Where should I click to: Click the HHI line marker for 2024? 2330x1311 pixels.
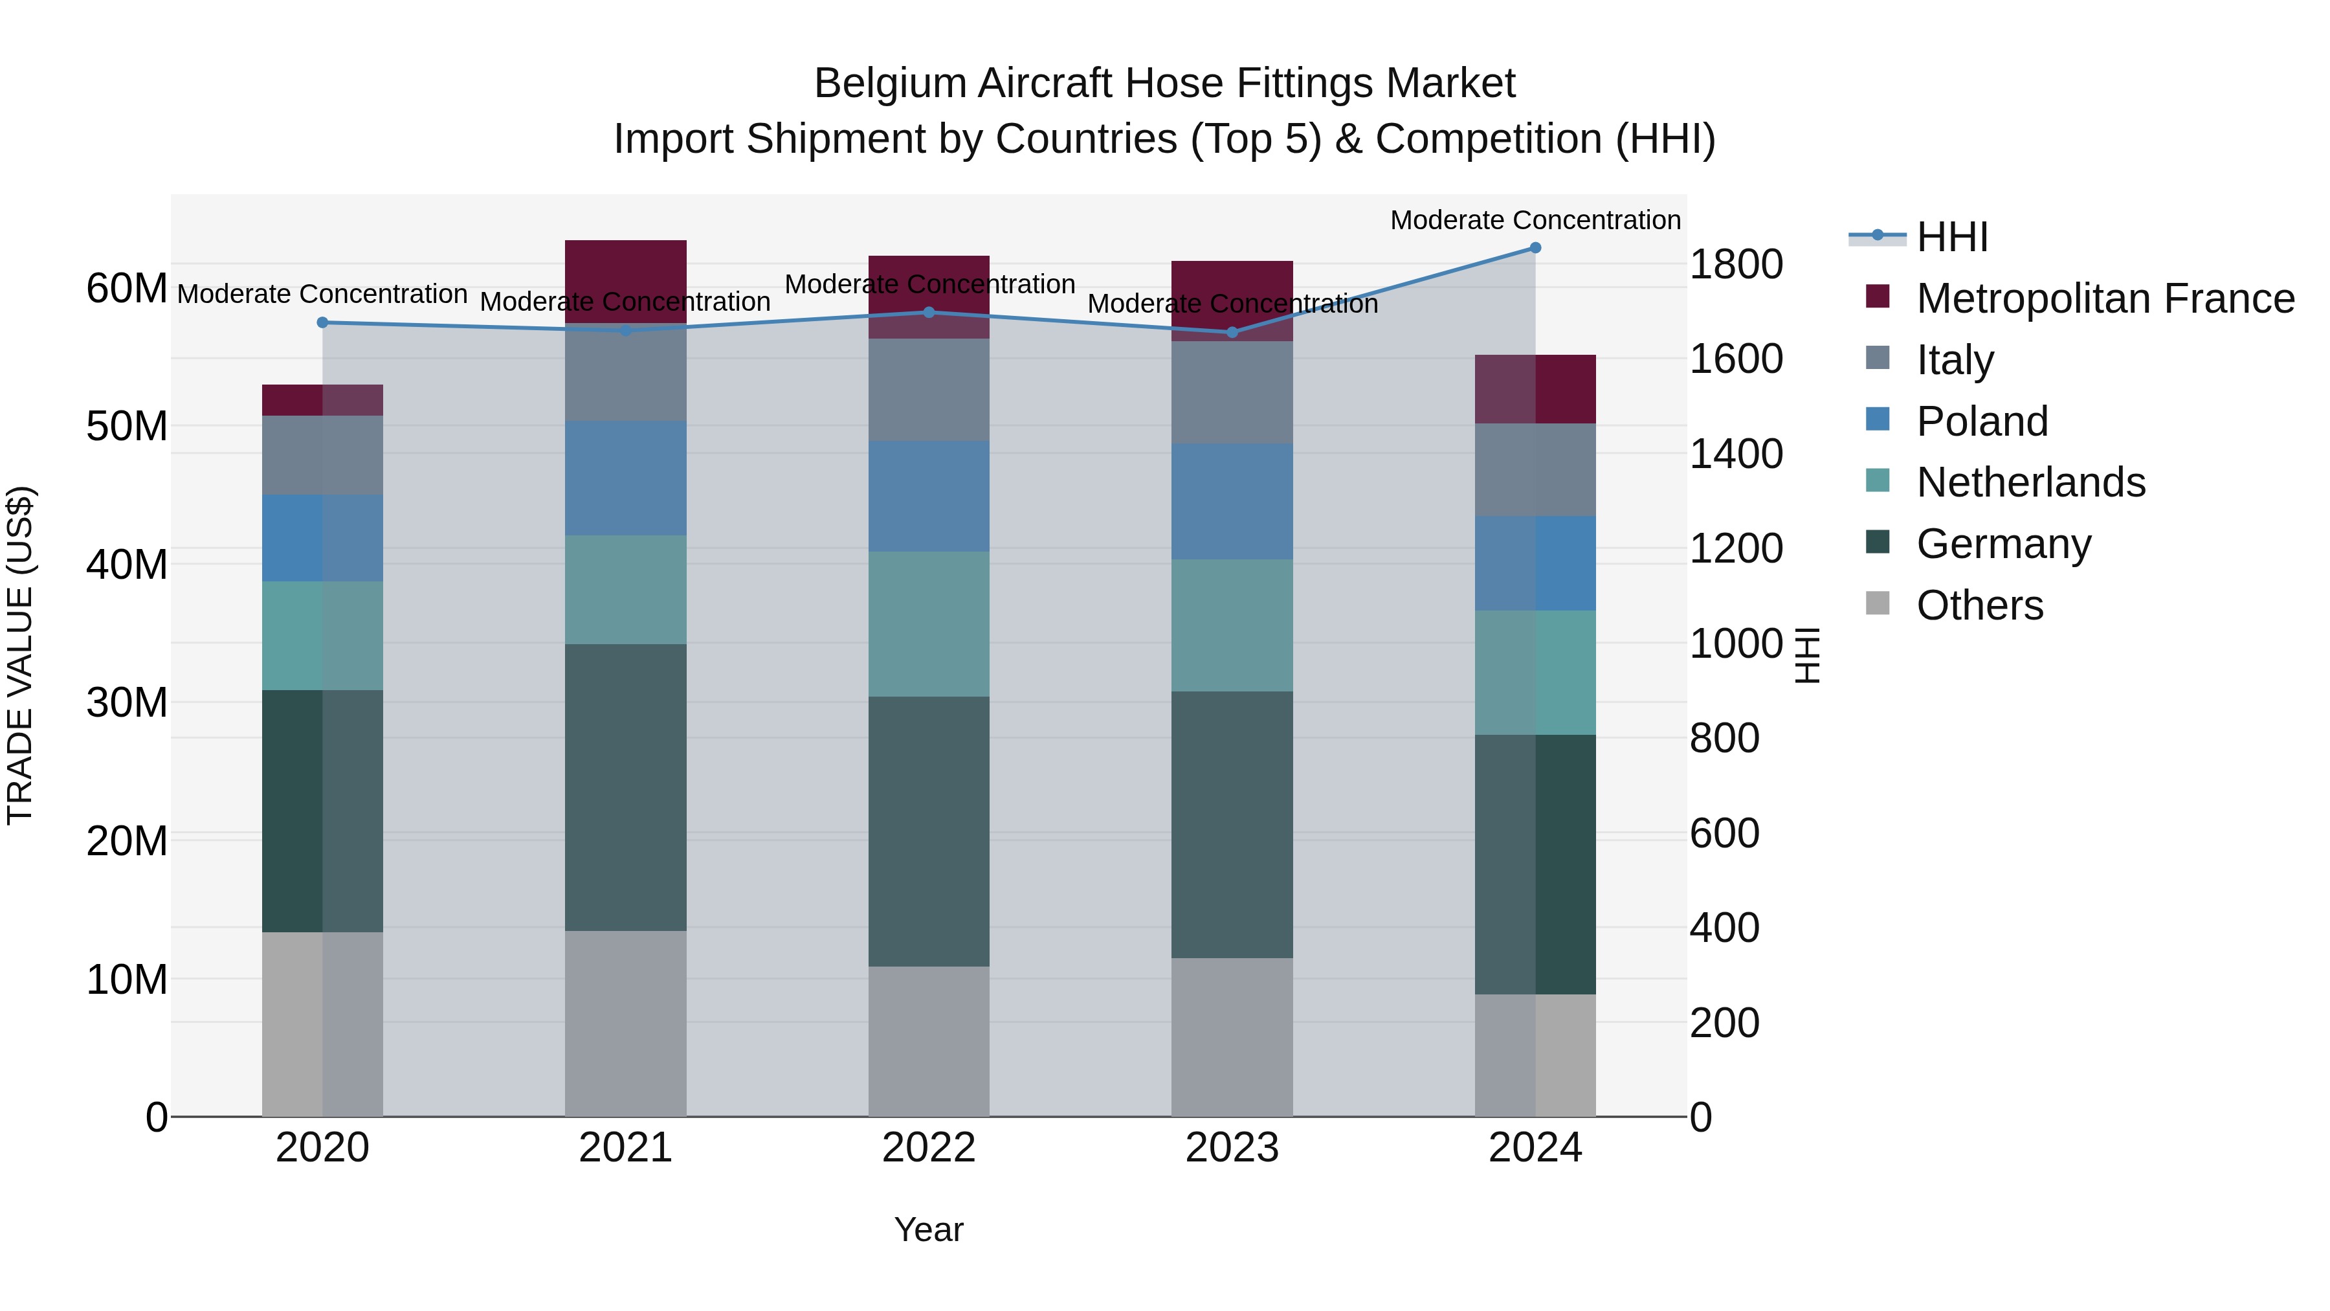(x=1535, y=248)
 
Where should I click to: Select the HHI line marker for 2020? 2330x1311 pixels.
(x=323, y=323)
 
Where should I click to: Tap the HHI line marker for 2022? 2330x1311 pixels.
(x=929, y=313)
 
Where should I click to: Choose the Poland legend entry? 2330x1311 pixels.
(x=1981, y=421)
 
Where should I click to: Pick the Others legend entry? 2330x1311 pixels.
(x=1979, y=605)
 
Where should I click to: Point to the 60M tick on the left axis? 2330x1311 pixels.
(x=127, y=289)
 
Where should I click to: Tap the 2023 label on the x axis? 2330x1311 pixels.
(x=1232, y=1148)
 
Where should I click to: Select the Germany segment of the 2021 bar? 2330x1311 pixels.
(x=626, y=787)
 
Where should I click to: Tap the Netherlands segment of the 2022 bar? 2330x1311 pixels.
(x=929, y=624)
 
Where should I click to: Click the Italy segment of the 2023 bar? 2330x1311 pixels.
(x=1232, y=392)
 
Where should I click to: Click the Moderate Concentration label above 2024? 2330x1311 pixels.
(x=1535, y=220)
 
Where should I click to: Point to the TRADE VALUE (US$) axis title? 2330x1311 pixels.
(x=20, y=655)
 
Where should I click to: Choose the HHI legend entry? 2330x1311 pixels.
(x=1952, y=237)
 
